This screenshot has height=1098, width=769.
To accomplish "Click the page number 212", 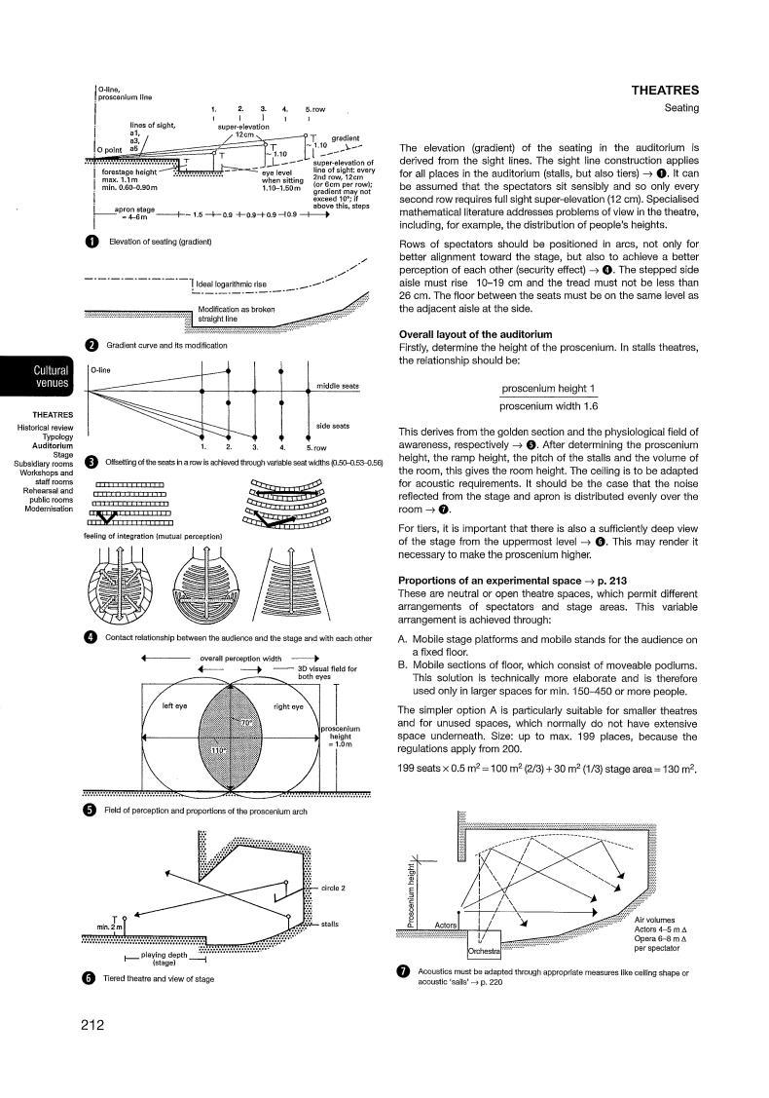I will [x=92, y=1024].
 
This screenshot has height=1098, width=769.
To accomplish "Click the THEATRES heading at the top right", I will [x=665, y=91].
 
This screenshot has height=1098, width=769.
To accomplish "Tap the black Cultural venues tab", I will [x=51, y=376].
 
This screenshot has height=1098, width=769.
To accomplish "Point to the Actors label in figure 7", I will [x=446, y=925].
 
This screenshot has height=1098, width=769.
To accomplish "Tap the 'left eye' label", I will [x=174, y=705].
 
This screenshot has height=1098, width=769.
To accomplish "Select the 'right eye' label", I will [x=289, y=705].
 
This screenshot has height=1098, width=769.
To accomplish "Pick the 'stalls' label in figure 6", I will [x=329, y=923].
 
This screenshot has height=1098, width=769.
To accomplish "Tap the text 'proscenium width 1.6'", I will [x=548, y=406].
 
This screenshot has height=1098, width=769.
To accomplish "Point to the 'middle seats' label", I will [x=338, y=386].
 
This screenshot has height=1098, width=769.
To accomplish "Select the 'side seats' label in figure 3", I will [x=335, y=426].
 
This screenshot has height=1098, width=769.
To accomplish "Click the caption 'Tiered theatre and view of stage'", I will [x=159, y=978].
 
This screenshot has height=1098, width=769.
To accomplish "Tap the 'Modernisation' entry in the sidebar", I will [x=49, y=509].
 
